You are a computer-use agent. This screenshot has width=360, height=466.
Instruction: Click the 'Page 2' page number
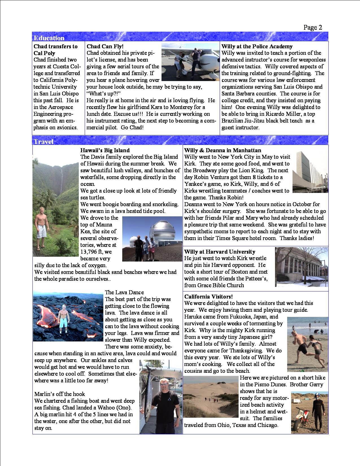point(313,27)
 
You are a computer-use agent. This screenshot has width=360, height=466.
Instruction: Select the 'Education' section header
point(49,38)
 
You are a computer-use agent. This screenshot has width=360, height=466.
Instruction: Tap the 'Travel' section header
point(43,141)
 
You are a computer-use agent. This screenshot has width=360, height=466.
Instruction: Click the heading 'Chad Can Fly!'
point(105,46)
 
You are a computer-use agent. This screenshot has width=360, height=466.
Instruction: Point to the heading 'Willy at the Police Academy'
point(257,46)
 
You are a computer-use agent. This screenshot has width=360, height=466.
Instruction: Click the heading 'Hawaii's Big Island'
point(105,150)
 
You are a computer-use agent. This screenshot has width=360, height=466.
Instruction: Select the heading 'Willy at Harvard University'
point(220,252)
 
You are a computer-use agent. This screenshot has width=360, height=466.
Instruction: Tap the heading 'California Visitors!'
point(208,297)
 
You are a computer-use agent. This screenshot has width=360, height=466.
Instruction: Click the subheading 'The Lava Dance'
point(124,292)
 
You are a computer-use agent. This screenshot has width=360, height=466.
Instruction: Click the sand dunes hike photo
point(211,397)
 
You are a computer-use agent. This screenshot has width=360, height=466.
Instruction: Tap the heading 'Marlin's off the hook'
point(60,394)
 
